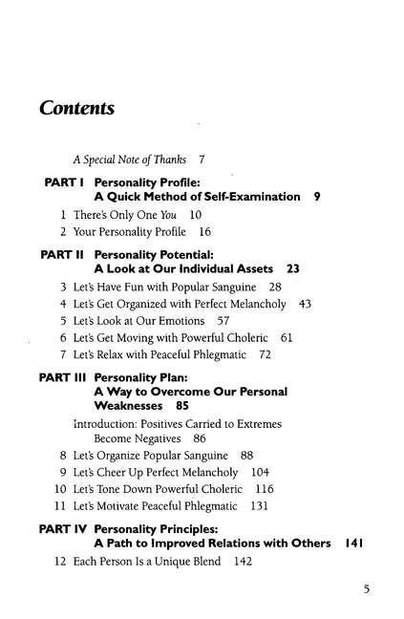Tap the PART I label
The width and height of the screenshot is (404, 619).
[x=66, y=181]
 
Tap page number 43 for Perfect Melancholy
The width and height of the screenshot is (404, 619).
[x=306, y=303]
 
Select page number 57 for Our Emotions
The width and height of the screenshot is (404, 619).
[x=223, y=320]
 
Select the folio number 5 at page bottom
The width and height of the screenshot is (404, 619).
[x=366, y=588]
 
